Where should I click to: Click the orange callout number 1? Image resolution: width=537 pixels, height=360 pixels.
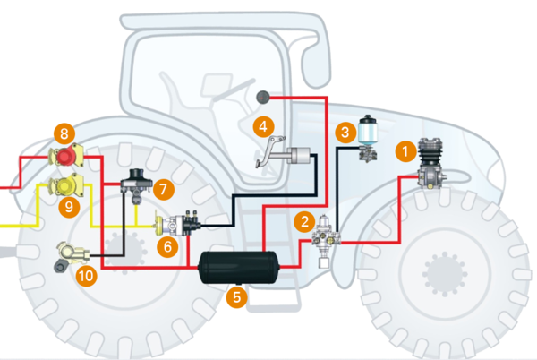(x=405, y=152)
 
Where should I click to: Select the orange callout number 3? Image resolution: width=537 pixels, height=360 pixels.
(x=345, y=133)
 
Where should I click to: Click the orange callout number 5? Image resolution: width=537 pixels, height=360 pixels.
(x=235, y=295)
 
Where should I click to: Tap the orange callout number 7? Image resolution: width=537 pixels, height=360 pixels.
(x=162, y=190)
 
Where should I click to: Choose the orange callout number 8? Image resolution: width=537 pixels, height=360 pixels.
(x=63, y=135)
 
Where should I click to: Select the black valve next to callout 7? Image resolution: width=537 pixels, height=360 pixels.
(x=136, y=181)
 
